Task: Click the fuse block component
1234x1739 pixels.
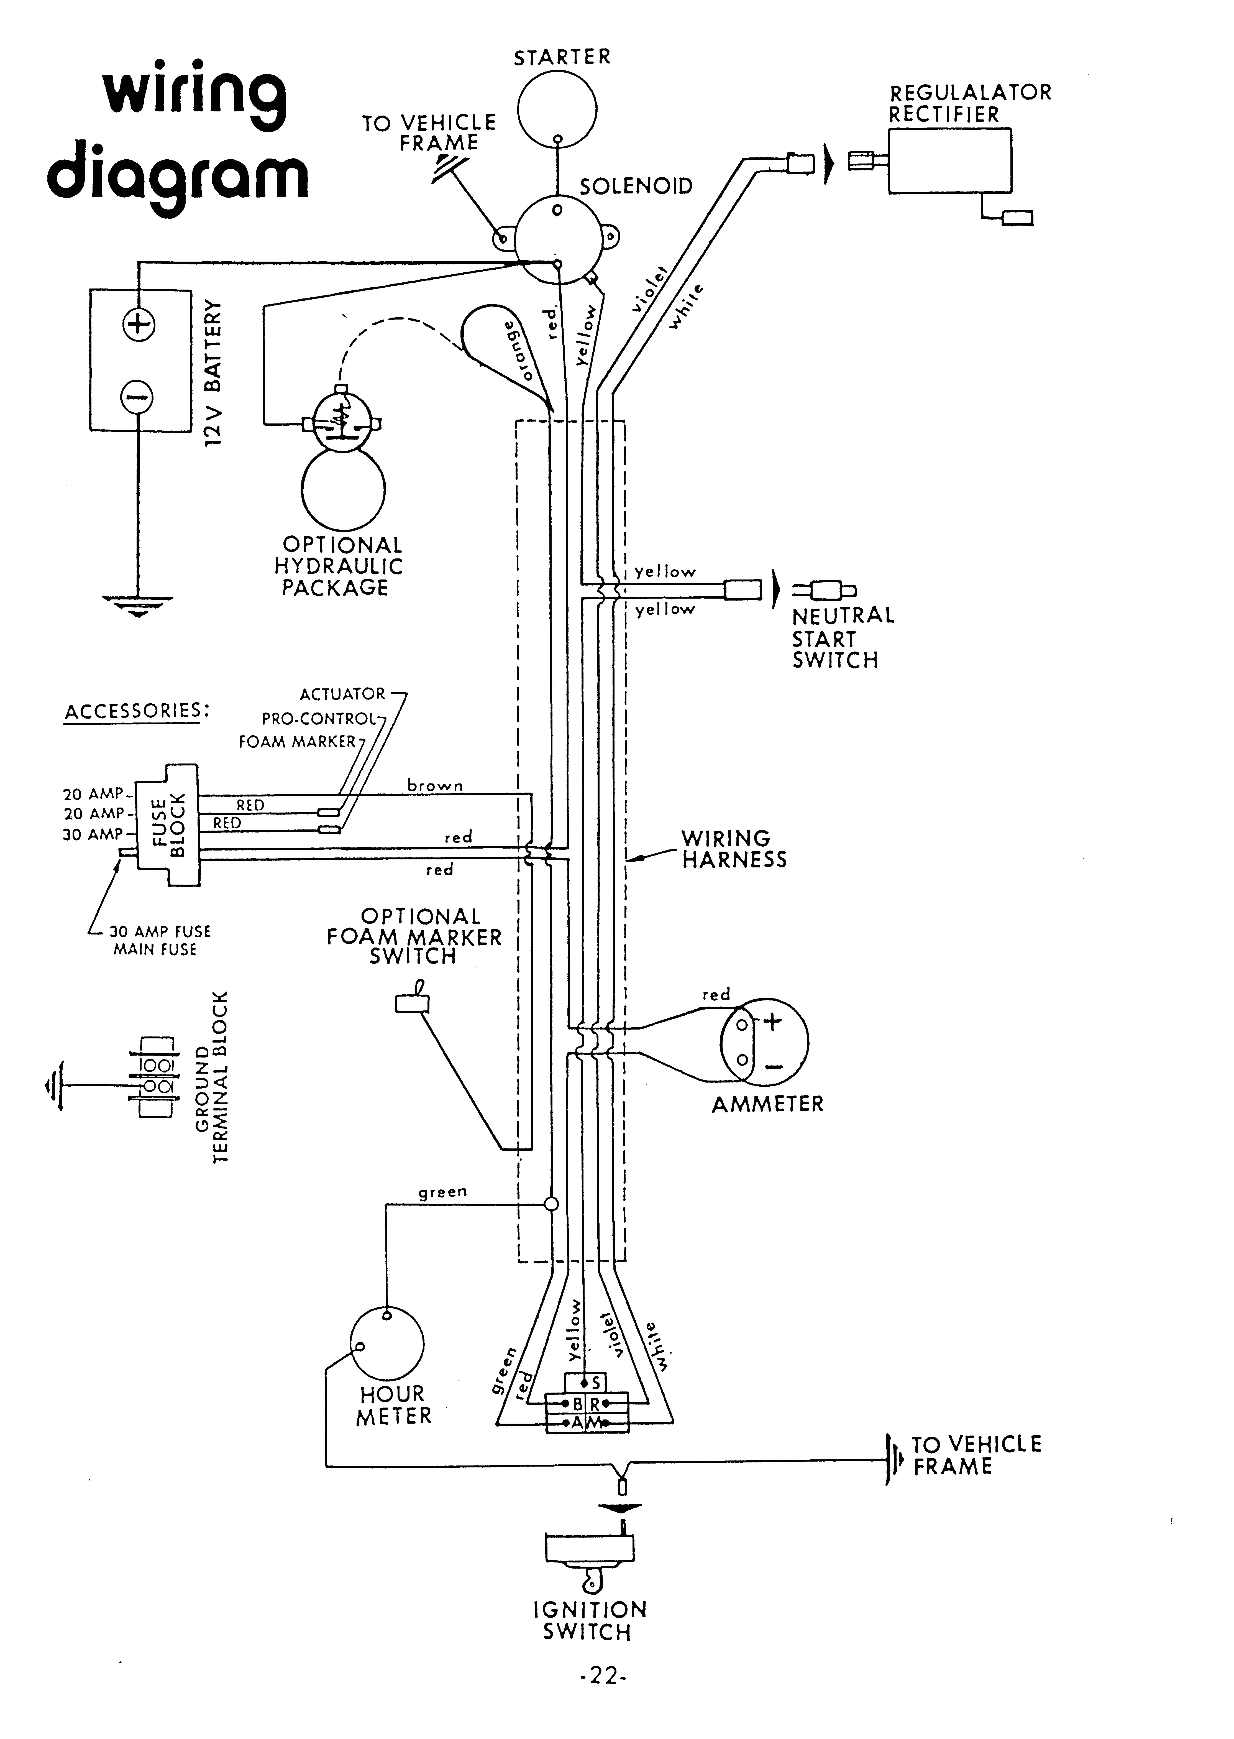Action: click(168, 825)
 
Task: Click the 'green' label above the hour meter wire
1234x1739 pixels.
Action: click(442, 1192)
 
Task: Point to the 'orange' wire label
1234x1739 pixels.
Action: click(519, 351)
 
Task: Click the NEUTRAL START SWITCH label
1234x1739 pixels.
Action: click(842, 637)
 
